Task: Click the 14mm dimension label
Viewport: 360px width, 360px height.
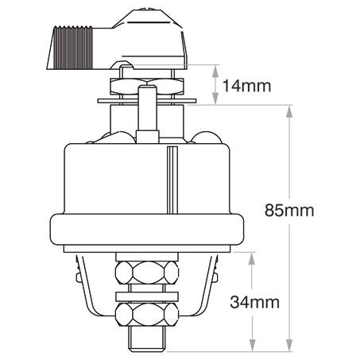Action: click(246, 86)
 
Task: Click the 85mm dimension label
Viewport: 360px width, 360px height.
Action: click(289, 211)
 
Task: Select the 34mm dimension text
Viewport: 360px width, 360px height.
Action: click(254, 302)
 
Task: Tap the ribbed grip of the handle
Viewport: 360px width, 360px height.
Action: click(72, 47)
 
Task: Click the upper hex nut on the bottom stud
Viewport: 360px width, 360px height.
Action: click(147, 273)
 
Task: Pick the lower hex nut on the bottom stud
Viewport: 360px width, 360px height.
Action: click(147, 315)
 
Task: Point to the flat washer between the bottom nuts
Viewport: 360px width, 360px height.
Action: click(146, 296)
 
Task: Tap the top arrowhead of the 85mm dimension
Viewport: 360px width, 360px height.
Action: click(289, 111)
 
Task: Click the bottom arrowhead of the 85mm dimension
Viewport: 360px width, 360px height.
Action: click(289, 346)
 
